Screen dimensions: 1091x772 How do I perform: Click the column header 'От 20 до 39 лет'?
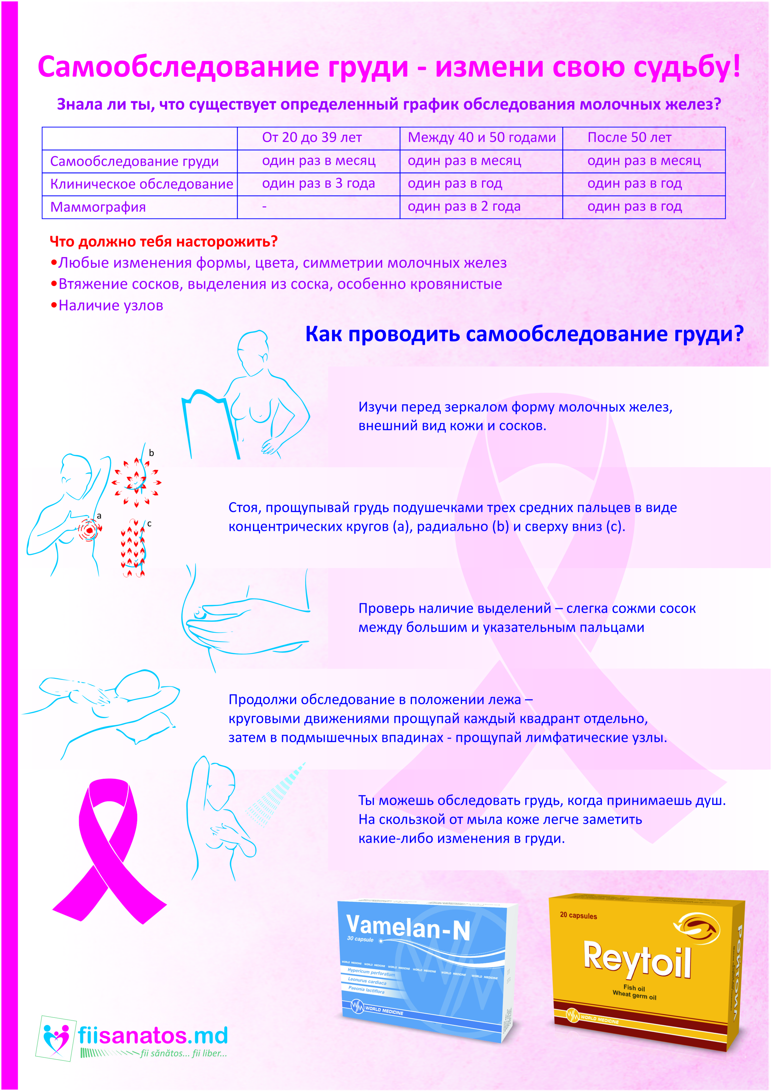click(x=312, y=138)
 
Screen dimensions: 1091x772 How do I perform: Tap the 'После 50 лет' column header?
click(x=629, y=138)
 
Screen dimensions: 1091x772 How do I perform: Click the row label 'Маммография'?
click(x=98, y=207)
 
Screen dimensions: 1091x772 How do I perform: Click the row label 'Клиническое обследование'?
click(x=142, y=184)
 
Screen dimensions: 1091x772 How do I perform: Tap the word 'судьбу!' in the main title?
click(x=686, y=67)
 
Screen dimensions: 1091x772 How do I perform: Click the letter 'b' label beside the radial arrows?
click(x=151, y=453)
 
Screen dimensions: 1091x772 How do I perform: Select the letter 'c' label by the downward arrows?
click(x=149, y=524)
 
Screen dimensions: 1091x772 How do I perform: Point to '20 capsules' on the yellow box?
click(x=578, y=915)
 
